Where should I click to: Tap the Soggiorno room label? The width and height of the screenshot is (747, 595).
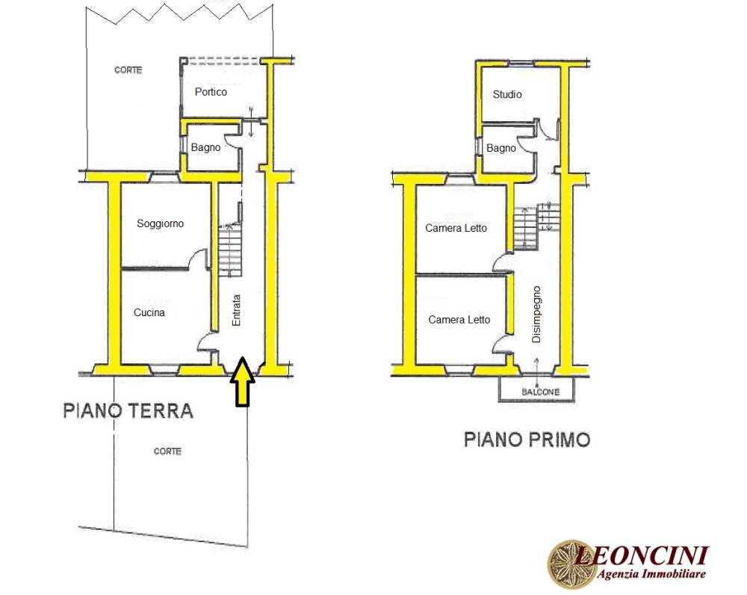pos(160,223)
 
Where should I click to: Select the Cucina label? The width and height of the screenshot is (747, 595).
pos(149,312)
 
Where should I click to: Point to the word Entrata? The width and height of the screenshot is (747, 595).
pos(236,310)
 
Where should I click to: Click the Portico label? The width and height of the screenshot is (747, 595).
pos(211,92)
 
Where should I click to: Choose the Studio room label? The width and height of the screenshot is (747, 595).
pos(507,94)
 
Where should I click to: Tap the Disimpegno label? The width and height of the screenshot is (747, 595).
pos(536,314)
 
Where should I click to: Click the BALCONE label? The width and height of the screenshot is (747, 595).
pos(540,392)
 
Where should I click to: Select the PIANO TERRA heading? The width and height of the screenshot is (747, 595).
pos(128,410)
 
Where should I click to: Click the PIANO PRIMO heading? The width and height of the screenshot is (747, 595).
pos(527,440)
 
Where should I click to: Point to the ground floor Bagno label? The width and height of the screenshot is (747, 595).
pos(205,148)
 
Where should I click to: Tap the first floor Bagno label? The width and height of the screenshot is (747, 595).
pos(500,148)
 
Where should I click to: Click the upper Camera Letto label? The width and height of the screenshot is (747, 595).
pos(456,229)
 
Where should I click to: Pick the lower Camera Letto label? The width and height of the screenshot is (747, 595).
pos(459,320)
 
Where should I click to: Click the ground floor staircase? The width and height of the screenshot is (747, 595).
pos(230,250)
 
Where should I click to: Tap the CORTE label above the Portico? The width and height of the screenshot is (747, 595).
pos(128,70)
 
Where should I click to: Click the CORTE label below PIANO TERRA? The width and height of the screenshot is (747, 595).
pos(167,451)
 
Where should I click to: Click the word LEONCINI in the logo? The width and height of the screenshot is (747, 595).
pos(642,555)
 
